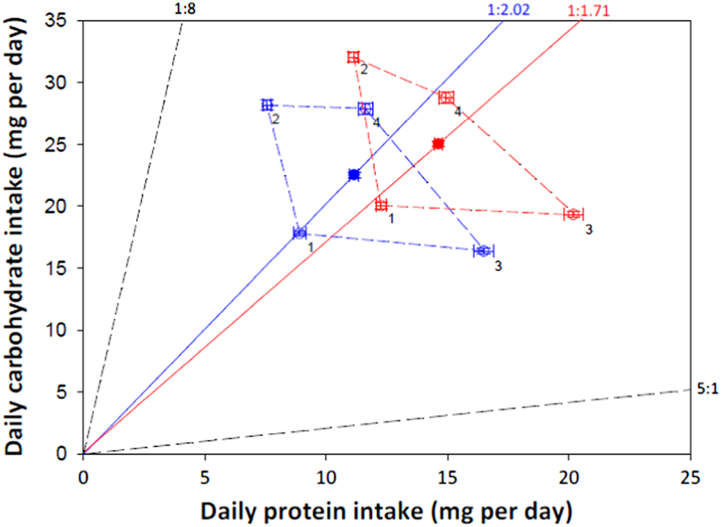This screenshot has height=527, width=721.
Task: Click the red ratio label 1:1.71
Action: coord(593,10)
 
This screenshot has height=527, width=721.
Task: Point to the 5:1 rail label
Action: coord(706,388)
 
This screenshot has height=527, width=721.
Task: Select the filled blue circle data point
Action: coord(354,175)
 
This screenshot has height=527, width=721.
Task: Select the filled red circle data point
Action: coord(438,144)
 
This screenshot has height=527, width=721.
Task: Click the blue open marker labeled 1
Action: coord(299,233)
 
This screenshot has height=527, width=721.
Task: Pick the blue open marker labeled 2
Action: coord(267,105)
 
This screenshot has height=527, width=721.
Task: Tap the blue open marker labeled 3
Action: coord(483,251)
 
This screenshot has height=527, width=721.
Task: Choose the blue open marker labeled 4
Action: coord(366,109)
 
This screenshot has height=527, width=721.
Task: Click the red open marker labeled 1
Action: coord(382,205)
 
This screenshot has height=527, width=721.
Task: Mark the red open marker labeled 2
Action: coord(353,57)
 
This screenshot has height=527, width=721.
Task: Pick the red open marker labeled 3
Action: coord(574,214)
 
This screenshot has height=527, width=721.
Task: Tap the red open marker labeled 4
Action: coord(446,97)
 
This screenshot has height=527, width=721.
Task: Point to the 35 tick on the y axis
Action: coord(64,21)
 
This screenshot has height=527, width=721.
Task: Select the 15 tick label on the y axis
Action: coord(64,268)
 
